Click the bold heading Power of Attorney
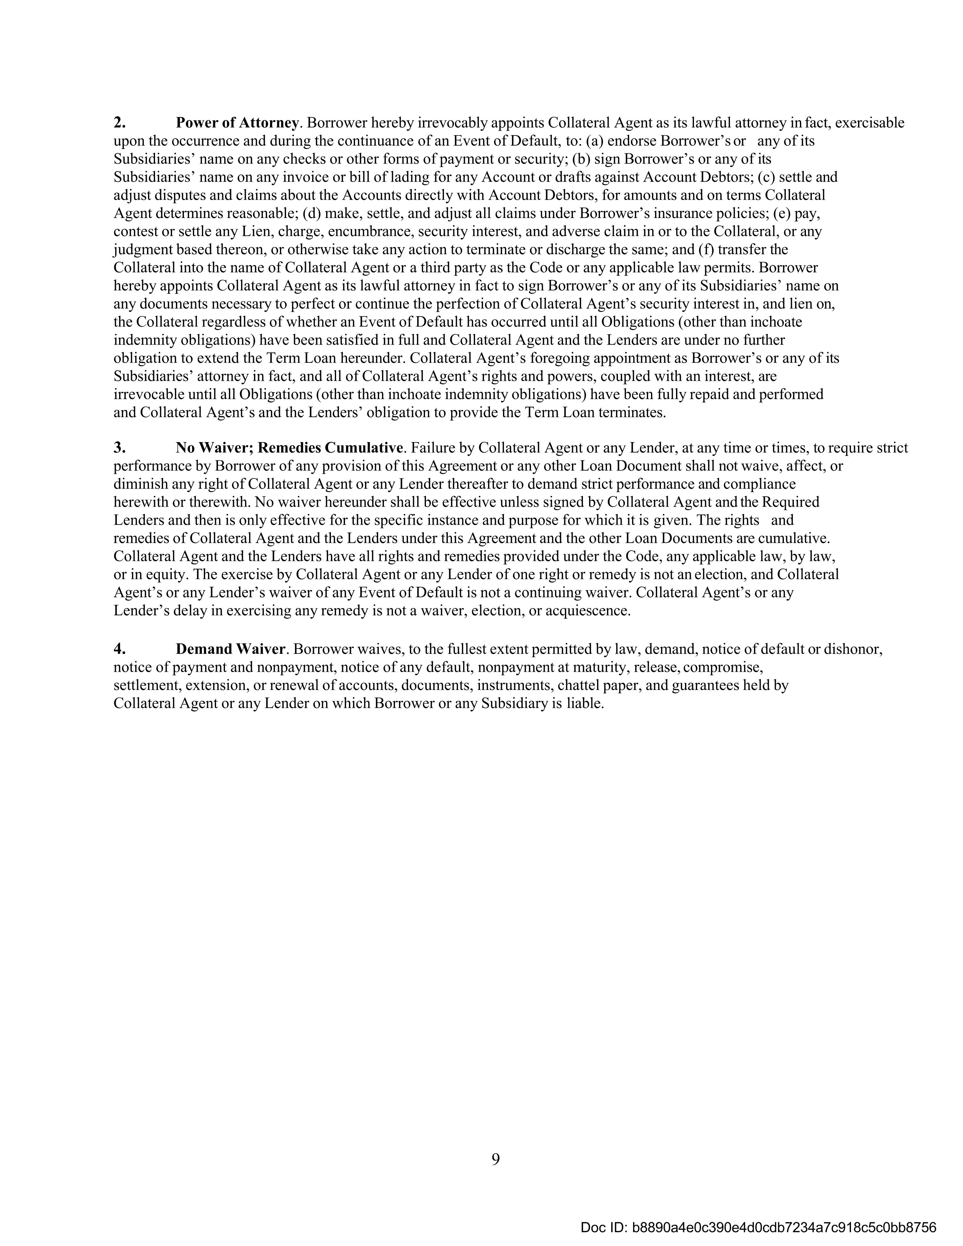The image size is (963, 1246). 237,123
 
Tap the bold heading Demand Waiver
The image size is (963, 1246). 230,649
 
